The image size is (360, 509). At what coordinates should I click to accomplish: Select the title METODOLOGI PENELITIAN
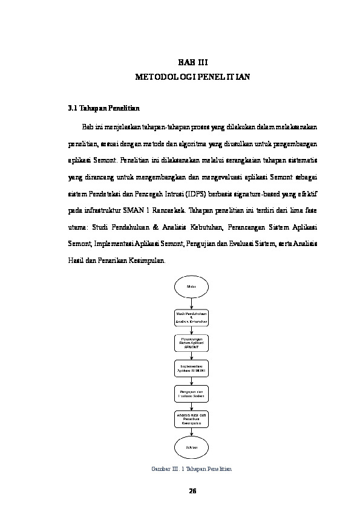192,78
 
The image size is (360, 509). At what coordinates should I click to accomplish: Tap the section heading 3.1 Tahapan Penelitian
103,109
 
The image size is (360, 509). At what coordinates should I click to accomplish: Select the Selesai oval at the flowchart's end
192,447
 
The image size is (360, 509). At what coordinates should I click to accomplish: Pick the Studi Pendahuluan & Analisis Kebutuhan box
192,318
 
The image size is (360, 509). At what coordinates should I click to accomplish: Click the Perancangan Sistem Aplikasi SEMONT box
192,342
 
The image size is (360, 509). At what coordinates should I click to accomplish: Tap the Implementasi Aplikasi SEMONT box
192,368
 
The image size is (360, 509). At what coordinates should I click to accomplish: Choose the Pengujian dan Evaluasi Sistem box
192,394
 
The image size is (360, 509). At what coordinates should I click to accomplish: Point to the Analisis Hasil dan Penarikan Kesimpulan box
192,420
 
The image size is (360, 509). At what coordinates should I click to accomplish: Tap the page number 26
192,490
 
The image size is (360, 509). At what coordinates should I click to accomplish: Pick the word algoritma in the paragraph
172,144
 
